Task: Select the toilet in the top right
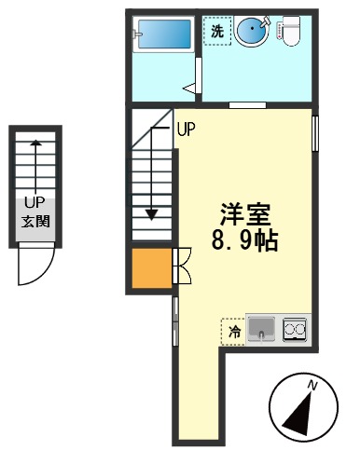290,32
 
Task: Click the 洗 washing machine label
217,32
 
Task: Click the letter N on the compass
314,385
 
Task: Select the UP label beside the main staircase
185,130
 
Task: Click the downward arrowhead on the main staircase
151,212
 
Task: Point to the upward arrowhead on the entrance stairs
35,143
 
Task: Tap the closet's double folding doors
182,266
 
